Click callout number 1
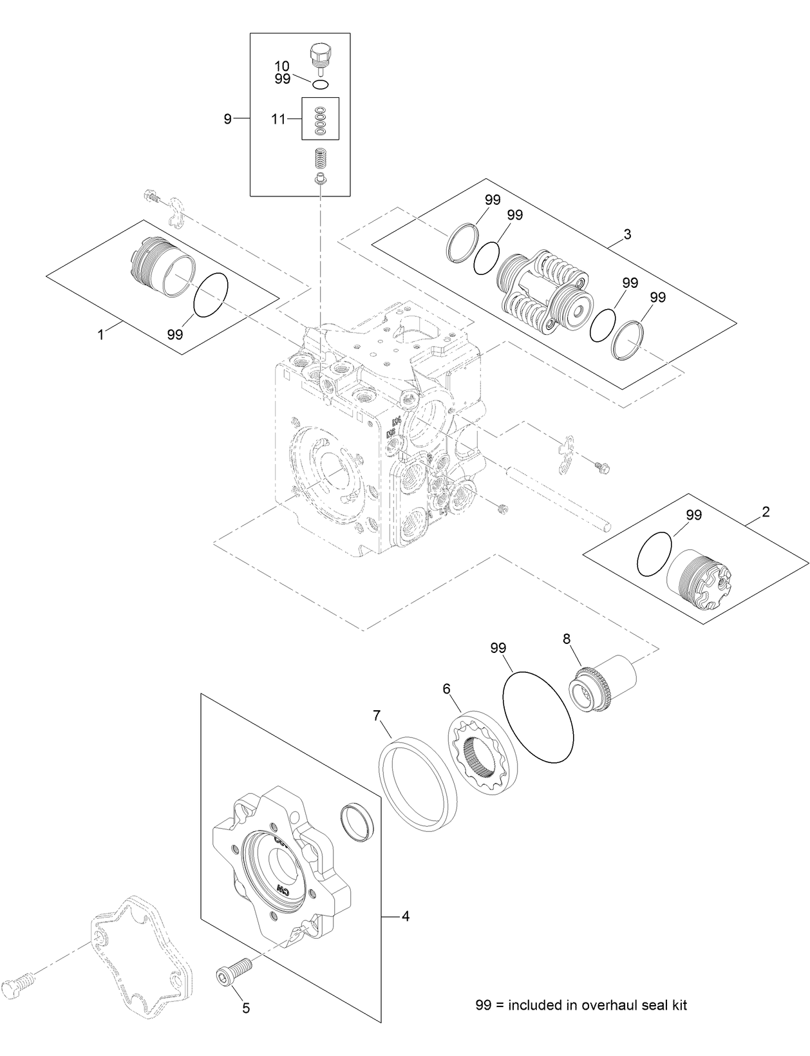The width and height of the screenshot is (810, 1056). click(x=100, y=335)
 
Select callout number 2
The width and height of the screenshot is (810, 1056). click(x=766, y=512)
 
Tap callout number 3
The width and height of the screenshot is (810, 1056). click(x=627, y=234)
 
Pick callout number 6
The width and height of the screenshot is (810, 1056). click(x=446, y=689)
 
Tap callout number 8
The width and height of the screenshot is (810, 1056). click(x=567, y=639)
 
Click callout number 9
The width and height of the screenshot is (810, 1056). click(x=227, y=119)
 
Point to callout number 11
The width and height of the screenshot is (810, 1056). click(x=278, y=118)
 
